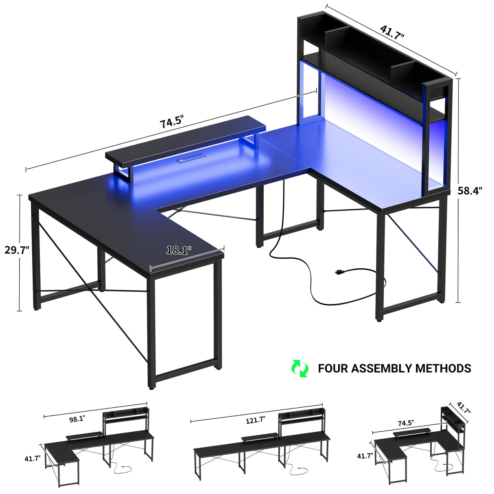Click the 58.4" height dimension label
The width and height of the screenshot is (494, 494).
point(470,190)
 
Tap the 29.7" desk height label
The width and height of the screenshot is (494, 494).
point(17,250)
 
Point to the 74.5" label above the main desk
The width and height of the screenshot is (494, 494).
point(171,122)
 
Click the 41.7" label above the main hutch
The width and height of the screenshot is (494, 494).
point(392,32)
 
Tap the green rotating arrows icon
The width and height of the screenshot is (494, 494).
point(300,368)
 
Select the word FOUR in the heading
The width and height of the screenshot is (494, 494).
point(333,368)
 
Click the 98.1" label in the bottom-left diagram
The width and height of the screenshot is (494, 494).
point(77,419)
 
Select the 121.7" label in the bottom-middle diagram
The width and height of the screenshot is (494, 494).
point(255,420)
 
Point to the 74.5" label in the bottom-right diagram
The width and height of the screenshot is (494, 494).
point(405,423)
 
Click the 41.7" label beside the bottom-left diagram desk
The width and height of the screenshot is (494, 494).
point(33,458)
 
